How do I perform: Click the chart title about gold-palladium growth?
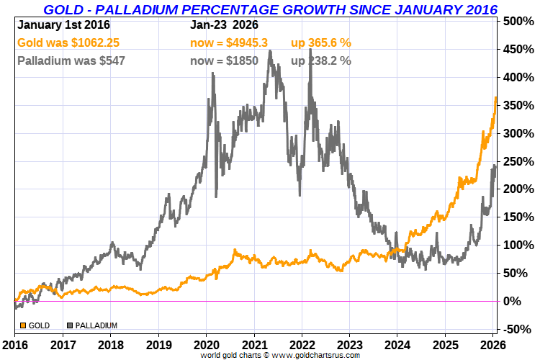[x=270, y=9]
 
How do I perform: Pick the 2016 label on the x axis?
[x=14, y=344]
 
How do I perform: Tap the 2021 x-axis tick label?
[x=255, y=344]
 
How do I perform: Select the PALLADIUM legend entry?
[x=92, y=325]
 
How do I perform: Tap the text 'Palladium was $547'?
[x=71, y=60]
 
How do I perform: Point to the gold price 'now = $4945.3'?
[x=229, y=43]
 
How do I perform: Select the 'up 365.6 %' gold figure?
[x=321, y=43]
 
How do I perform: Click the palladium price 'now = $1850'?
[x=224, y=60]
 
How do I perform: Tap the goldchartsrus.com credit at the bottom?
[x=269, y=355]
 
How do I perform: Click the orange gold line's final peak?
[x=495, y=97]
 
